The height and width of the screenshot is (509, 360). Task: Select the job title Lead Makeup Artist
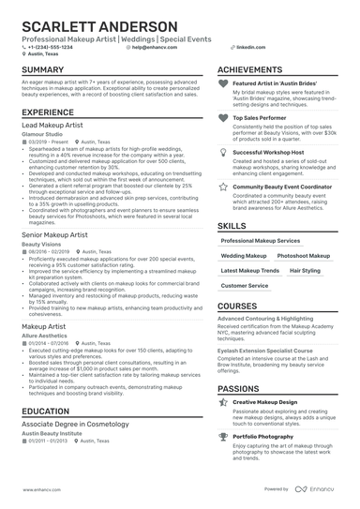coord(53,125)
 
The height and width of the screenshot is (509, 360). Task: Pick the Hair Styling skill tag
coord(304,270)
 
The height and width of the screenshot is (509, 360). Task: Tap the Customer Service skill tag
coord(245,285)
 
